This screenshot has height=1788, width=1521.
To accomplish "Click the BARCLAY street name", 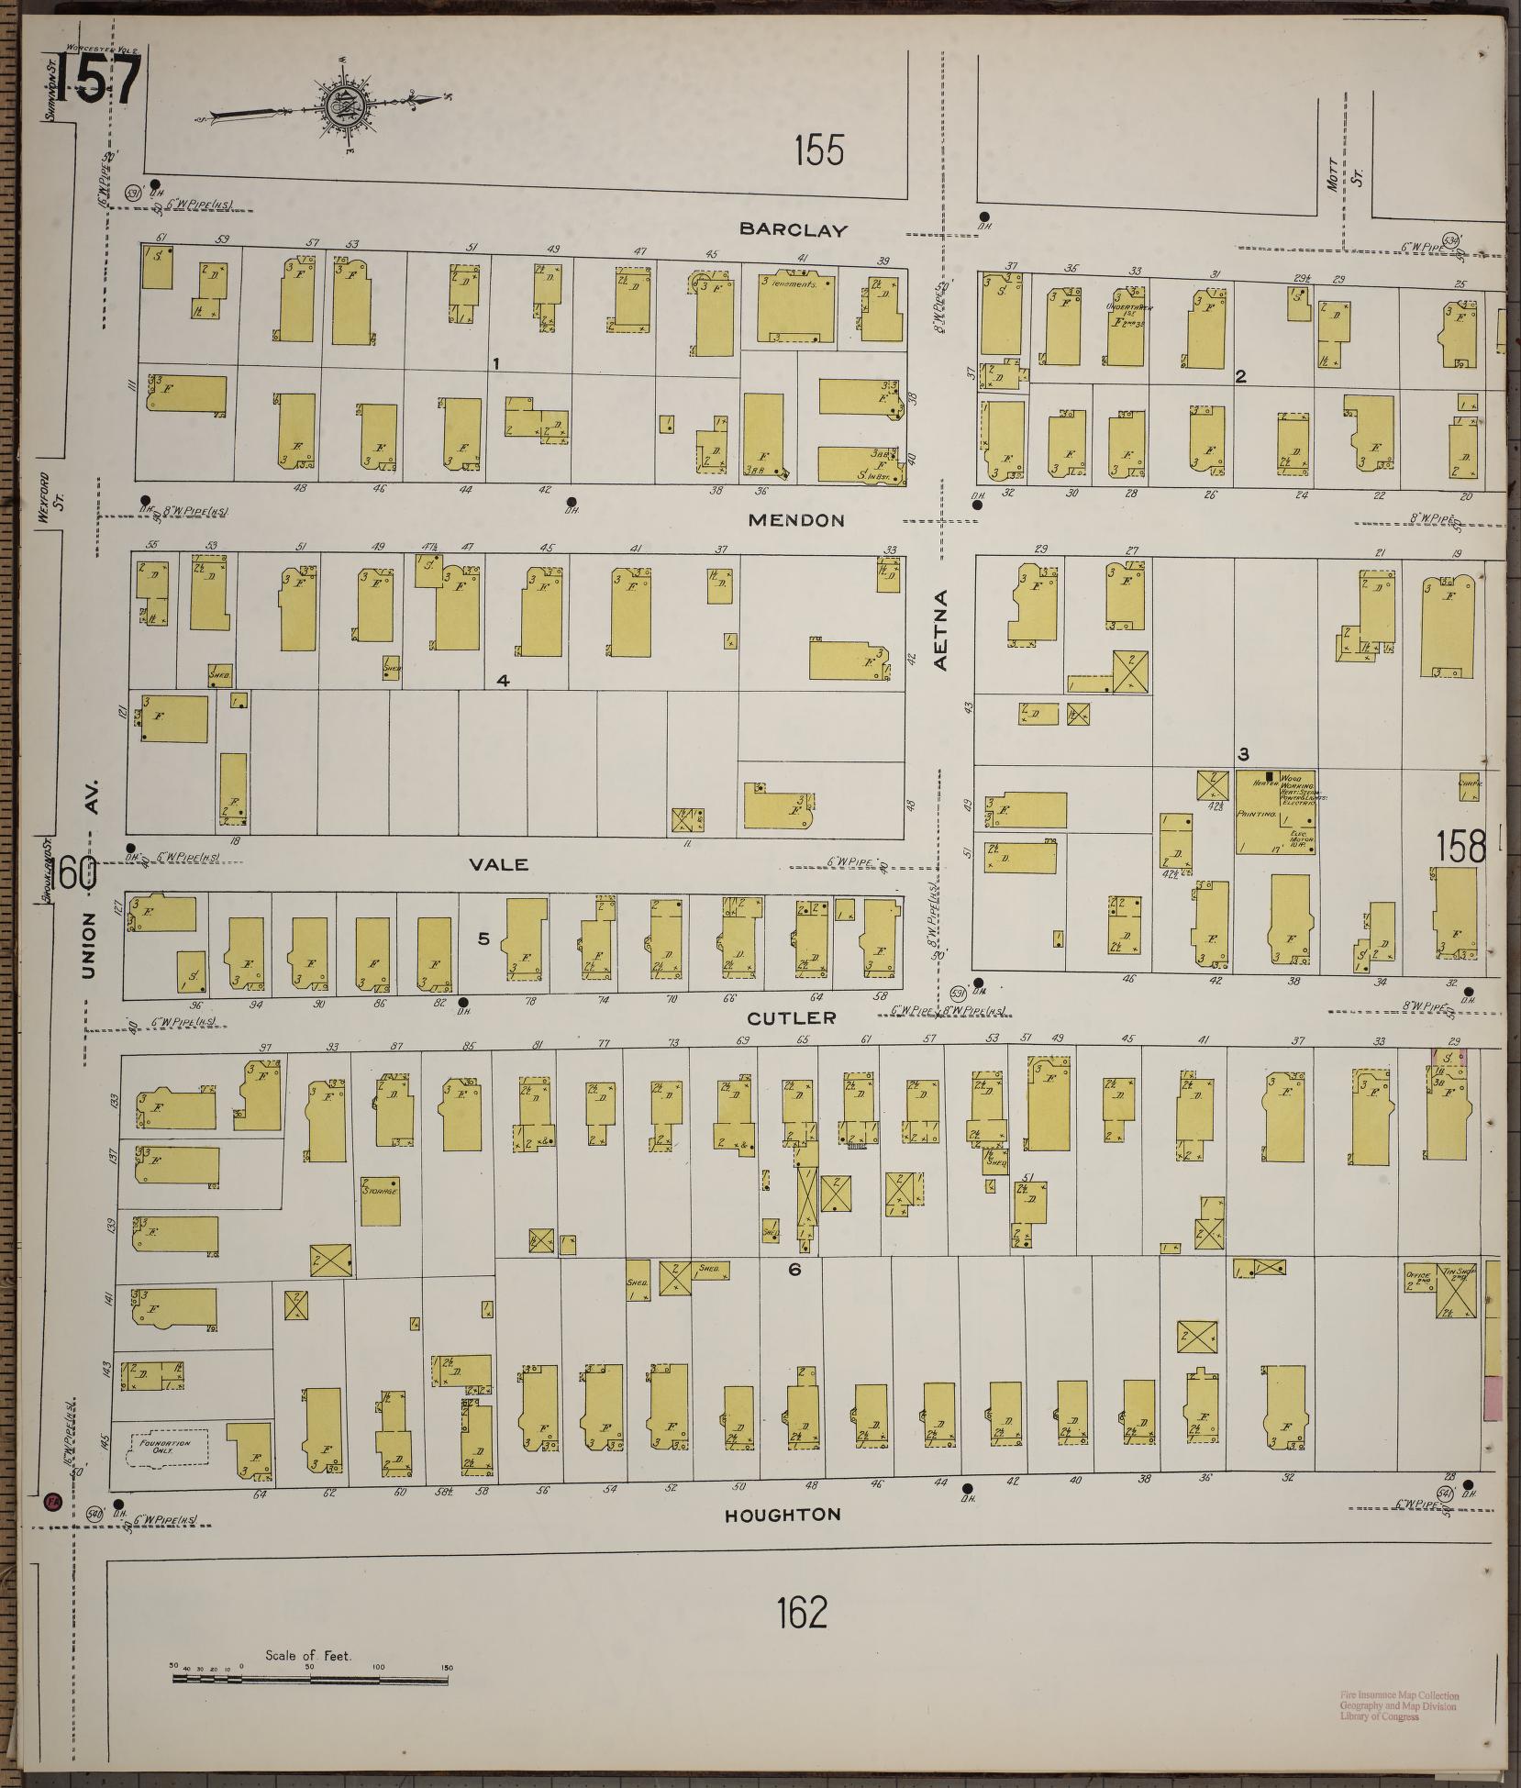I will coord(795,230).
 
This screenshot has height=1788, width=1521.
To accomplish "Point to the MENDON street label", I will coord(795,520).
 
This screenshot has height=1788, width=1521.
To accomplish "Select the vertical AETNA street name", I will coord(941,630).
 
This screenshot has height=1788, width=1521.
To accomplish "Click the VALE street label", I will coord(500,864).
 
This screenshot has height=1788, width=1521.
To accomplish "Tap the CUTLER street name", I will coord(791,1017).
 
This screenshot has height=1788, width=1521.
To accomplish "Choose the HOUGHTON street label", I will coord(782,1515).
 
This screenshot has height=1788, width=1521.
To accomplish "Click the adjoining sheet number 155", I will coord(818,150).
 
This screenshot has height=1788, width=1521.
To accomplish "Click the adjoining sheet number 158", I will coord(1460,846).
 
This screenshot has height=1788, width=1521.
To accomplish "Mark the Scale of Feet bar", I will coord(310,1680).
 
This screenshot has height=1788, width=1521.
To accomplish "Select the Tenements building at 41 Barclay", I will coord(795,308).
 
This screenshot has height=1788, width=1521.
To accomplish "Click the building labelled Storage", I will coord(380,1201).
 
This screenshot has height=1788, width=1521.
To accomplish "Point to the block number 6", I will coord(794,1270).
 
